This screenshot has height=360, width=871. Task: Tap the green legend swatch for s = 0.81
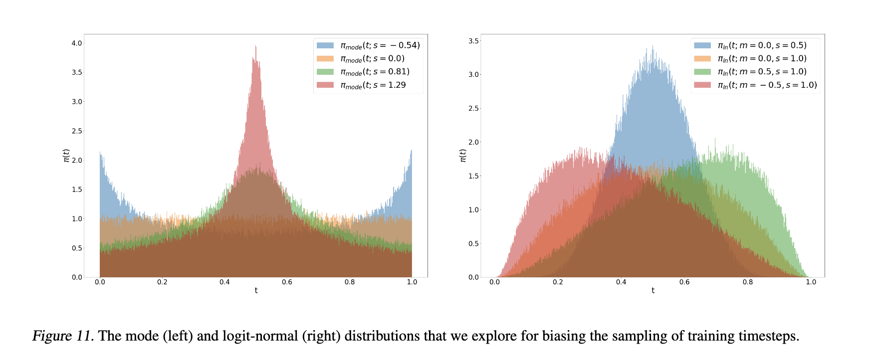tap(325, 72)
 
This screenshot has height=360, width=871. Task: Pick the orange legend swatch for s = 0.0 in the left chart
tap(325, 58)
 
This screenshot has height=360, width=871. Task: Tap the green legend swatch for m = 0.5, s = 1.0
tap(702, 72)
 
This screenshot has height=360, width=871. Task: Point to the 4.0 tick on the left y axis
tap(77, 43)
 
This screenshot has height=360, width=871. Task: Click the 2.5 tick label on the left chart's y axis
tap(77, 131)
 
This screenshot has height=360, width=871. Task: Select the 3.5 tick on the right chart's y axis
tap(473, 41)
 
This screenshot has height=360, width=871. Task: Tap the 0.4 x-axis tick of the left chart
tap(224, 282)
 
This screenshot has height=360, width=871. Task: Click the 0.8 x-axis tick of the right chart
tap(748, 282)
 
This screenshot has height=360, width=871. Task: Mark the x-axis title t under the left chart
tap(256, 291)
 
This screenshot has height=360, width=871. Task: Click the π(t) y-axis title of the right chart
tap(462, 156)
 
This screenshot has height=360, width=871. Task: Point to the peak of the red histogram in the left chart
tap(256, 46)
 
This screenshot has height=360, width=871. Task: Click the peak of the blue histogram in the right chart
tap(653, 46)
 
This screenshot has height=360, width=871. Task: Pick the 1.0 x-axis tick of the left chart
tap(412, 282)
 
